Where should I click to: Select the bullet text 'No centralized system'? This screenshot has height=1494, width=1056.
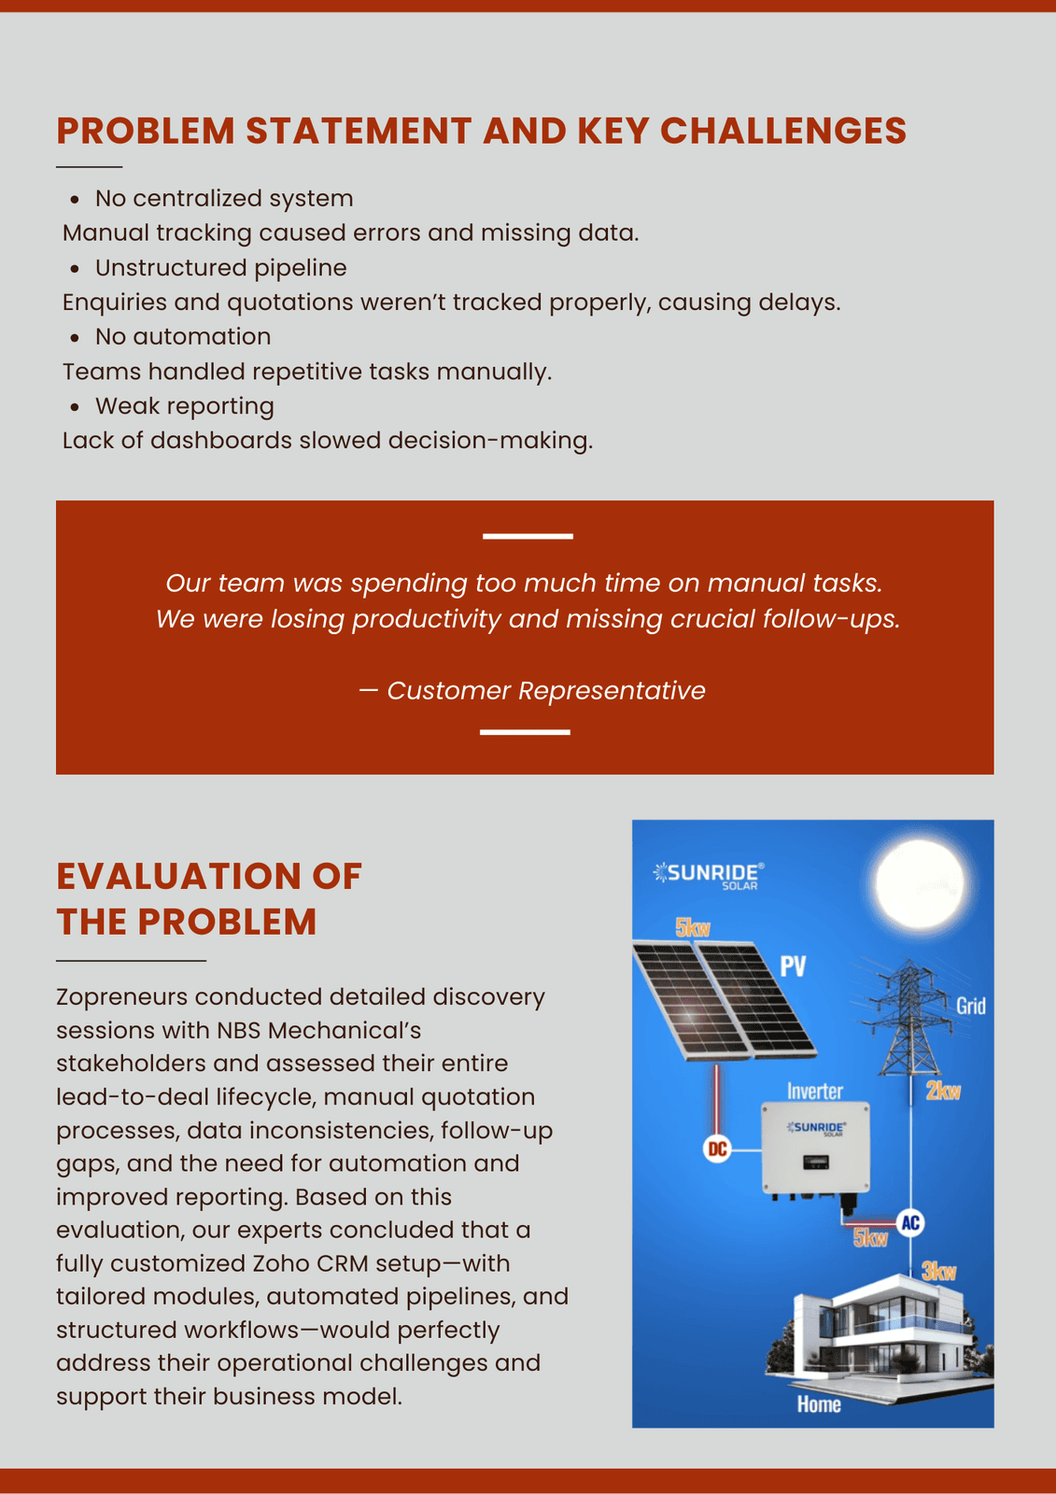224,198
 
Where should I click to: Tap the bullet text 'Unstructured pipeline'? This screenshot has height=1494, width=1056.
220,268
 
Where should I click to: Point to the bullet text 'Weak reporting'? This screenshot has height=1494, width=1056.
185,406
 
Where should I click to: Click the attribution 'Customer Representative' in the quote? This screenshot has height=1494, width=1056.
545,691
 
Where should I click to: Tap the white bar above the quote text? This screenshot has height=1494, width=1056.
528,536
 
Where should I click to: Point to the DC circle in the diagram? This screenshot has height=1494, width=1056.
716,1149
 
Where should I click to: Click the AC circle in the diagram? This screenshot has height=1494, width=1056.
910,1223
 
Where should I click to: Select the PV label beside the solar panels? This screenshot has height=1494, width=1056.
793,966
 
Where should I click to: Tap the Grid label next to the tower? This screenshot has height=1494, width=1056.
970,1006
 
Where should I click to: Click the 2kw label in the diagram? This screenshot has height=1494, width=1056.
943,1091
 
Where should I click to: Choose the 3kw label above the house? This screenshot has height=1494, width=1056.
938,1271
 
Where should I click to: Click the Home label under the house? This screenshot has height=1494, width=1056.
819,1404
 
